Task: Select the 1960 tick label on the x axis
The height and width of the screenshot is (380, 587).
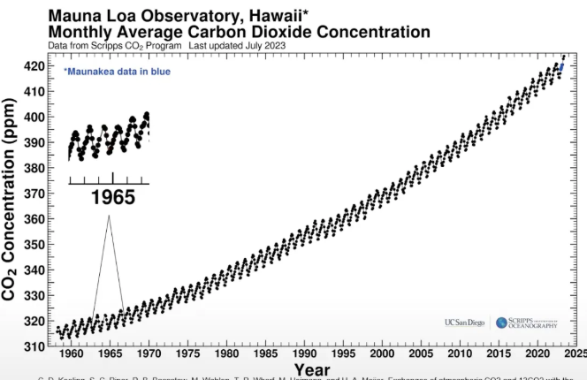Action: [70, 354]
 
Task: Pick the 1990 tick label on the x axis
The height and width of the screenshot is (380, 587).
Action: [303, 354]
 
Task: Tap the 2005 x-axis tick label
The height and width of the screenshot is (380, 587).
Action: [420, 354]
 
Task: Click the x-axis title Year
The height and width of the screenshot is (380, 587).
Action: [312, 369]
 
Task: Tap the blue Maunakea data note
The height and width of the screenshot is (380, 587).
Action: [117, 71]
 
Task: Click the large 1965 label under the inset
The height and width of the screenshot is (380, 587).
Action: [112, 197]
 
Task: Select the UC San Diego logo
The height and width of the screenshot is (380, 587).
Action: [465, 323]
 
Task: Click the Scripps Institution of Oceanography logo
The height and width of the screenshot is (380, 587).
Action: [528, 323]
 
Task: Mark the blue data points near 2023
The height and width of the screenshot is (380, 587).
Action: [561, 67]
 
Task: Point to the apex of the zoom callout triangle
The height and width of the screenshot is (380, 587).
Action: [109, 216]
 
